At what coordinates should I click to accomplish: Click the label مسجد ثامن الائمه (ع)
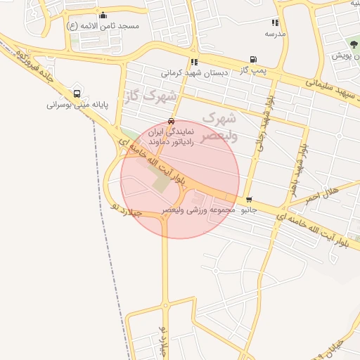pyautogui.click(x=103, y=26)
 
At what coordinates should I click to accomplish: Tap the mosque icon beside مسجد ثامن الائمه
pyautogui.click(x=103, y=15)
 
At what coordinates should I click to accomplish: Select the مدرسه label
pyautogui.click(x=275, y=34)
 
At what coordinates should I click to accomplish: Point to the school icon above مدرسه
pyautogui.click(x=275, y=23)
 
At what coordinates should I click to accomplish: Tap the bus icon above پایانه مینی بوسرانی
pyautogui.click(x=77, y=93)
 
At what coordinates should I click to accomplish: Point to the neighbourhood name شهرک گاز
pyautogui.click(x=150, y=96)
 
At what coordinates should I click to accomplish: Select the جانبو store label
pyautogui.click(x=249, y=210)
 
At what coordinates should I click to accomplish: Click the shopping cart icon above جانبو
pyautogui.click(x=249, y=200)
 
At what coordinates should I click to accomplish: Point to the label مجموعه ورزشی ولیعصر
pyautogui.click(x=193, y=210)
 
